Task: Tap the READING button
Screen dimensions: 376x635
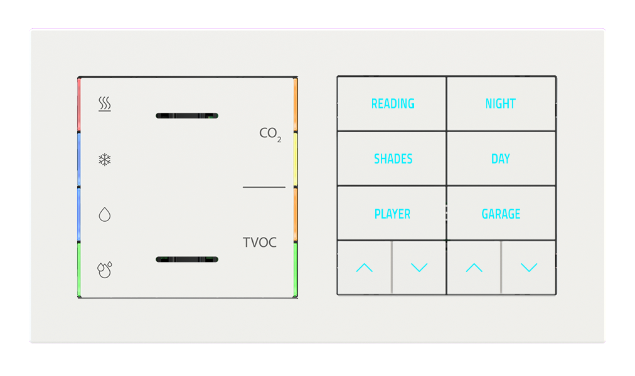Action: pos(393,104)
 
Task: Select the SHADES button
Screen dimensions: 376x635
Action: pos(393,159)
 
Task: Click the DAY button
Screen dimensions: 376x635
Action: pos(501,159)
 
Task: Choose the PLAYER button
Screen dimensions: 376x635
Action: pos(392,214)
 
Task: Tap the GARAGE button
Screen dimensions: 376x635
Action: pos(501,214)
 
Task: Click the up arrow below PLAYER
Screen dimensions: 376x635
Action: pos(364,268)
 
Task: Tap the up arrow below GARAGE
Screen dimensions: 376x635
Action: pos(474,268)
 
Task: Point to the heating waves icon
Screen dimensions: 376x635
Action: pos(105,104)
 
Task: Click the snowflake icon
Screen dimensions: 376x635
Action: pos(105,160)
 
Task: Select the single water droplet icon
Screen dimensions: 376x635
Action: pos(105,215)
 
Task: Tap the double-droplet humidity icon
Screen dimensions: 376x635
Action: pos(104,269)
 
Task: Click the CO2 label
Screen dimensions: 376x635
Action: pos(270,134)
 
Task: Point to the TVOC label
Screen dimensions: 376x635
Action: pos(260,243)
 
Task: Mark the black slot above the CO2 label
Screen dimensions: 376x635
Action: pos(186,116)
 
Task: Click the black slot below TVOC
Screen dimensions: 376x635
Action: pos(186,259)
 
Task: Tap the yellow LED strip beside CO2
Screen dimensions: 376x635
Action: pos(295,159)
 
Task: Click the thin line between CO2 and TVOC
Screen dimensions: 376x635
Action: pos(264,187)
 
